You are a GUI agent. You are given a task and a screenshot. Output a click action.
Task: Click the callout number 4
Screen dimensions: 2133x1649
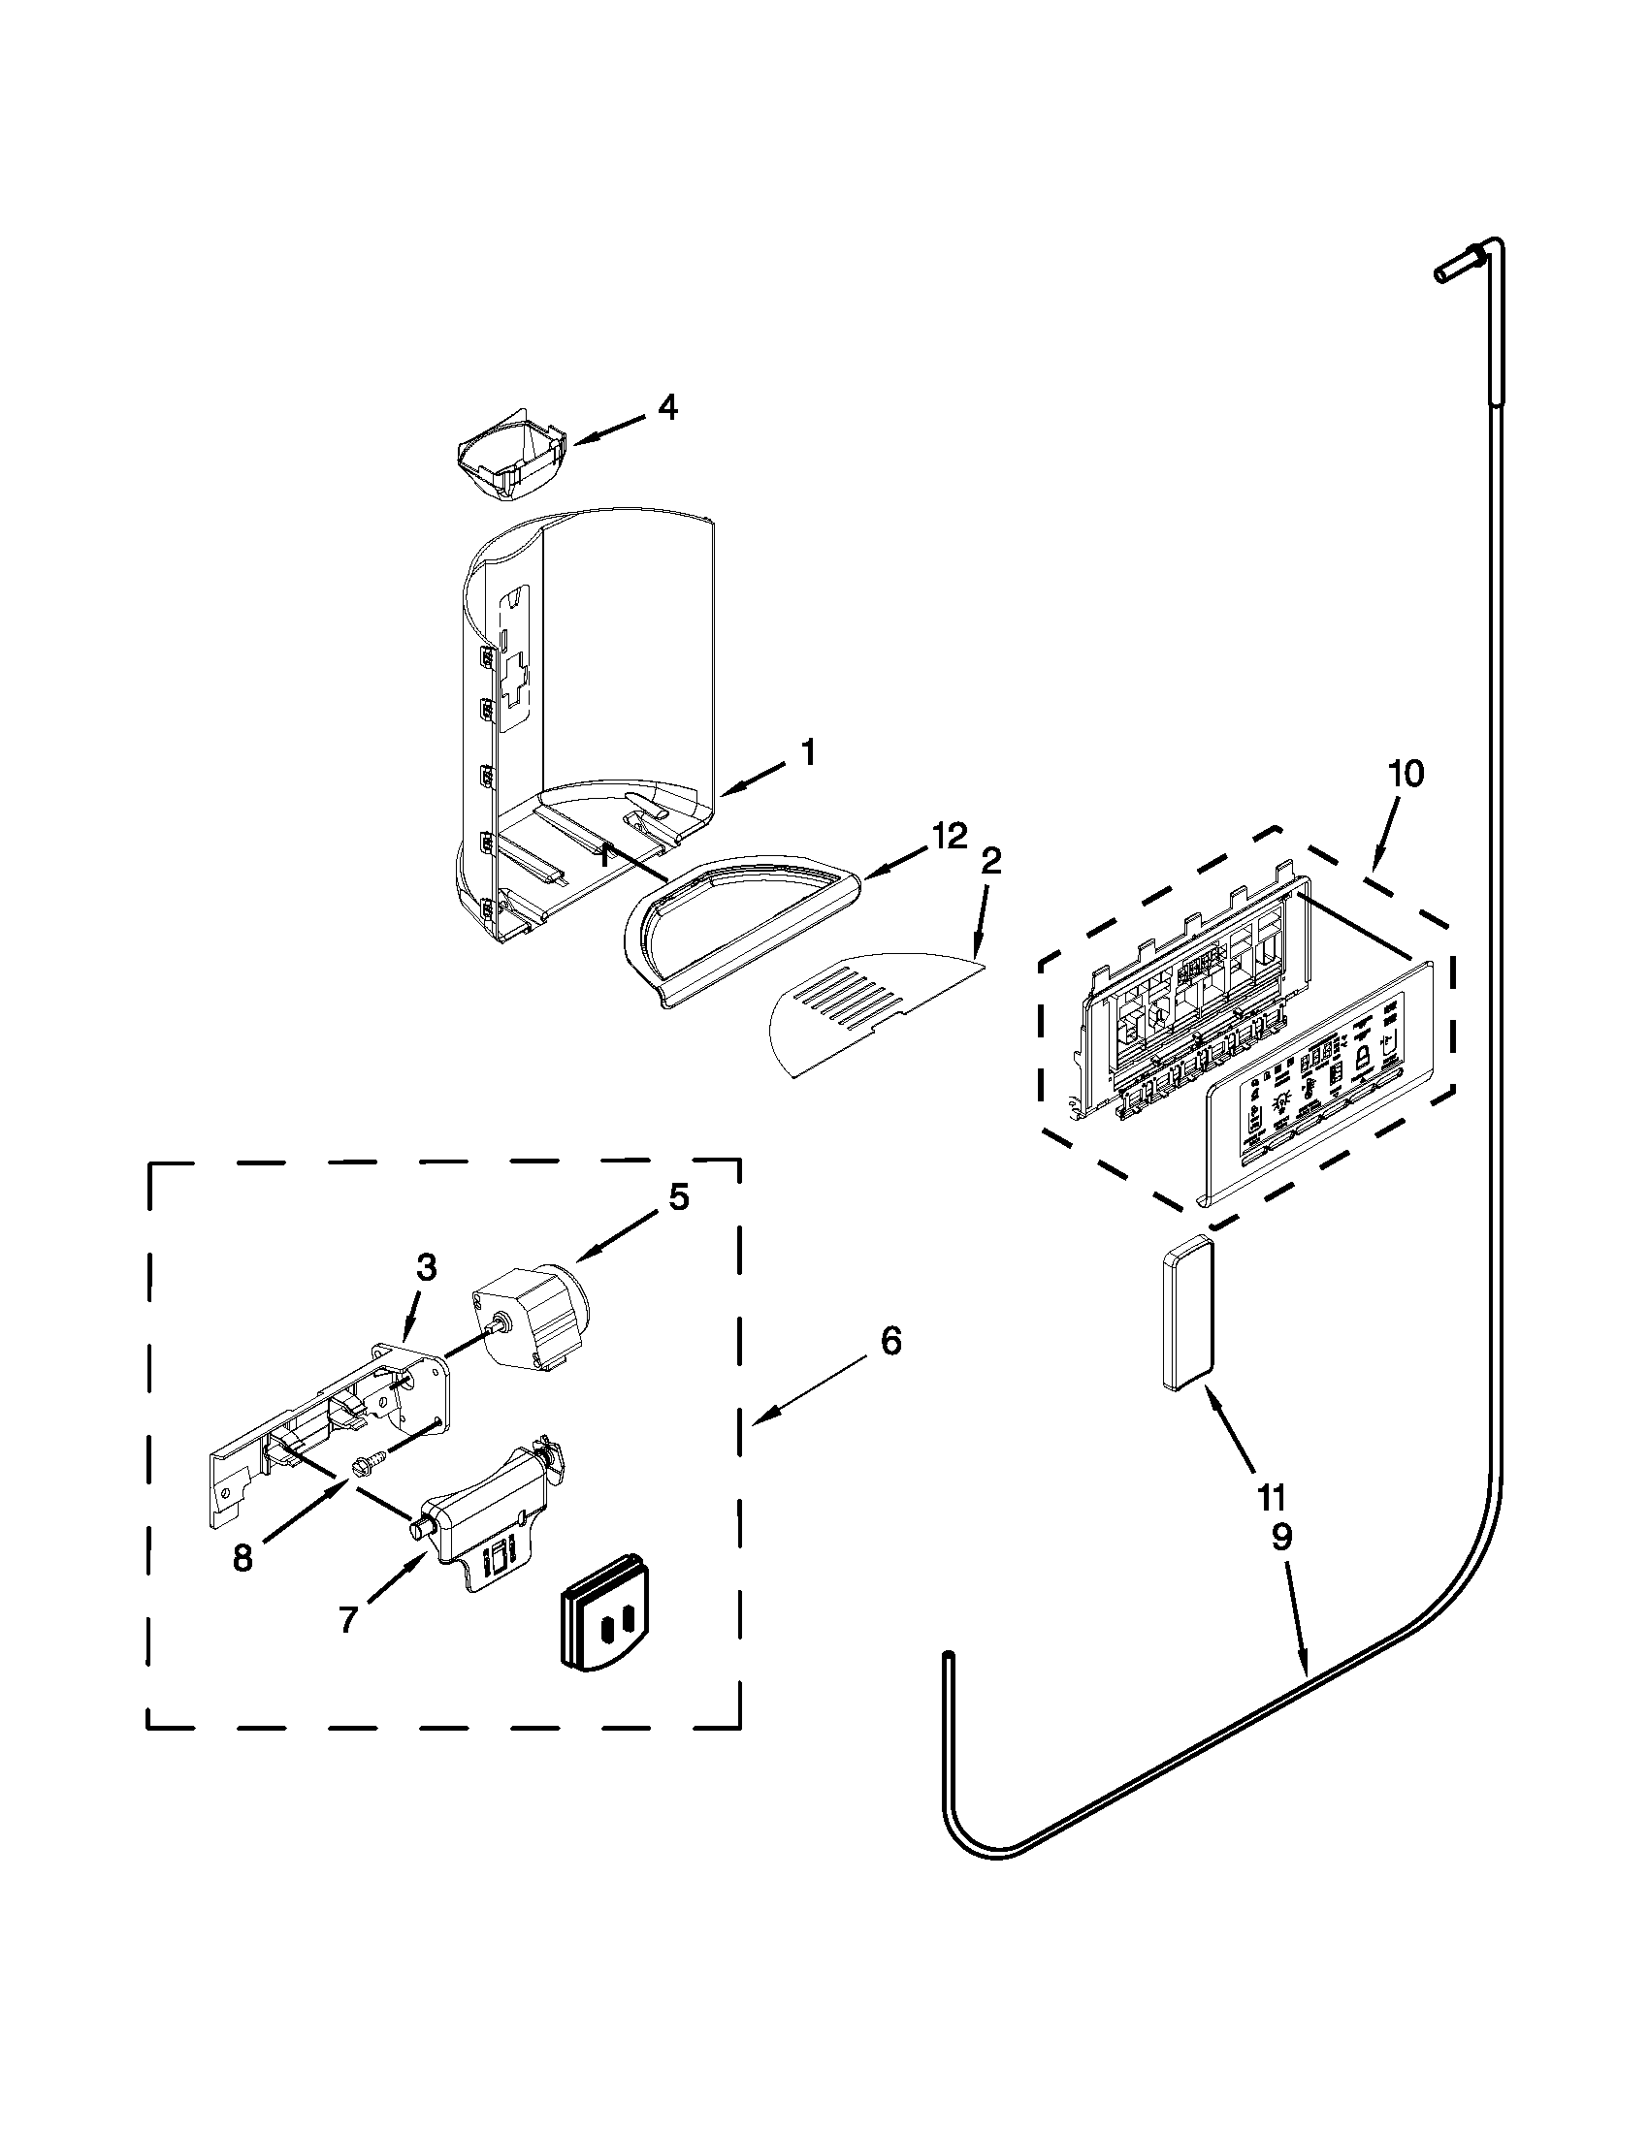point(666,407)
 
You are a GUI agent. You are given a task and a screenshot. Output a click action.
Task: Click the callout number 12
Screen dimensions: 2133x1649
point(949,835)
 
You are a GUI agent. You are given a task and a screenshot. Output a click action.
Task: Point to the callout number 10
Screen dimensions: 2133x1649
point(1406,774)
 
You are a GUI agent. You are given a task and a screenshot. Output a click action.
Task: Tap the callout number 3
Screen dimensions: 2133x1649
point(426,1267)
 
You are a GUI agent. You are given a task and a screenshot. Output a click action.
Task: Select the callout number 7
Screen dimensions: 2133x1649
point(349,1619)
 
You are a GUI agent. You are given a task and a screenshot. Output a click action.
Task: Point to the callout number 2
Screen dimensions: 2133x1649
point(990,861)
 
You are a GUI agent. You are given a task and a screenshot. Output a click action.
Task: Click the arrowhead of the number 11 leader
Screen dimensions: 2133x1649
point(1211,1397)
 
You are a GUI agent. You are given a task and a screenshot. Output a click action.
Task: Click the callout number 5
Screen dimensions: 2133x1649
point(678,1197)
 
